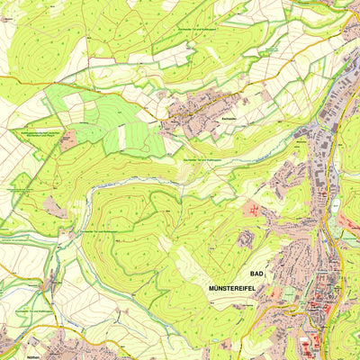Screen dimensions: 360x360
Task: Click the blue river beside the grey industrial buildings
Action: pyautogui.click(x=335, y=135)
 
